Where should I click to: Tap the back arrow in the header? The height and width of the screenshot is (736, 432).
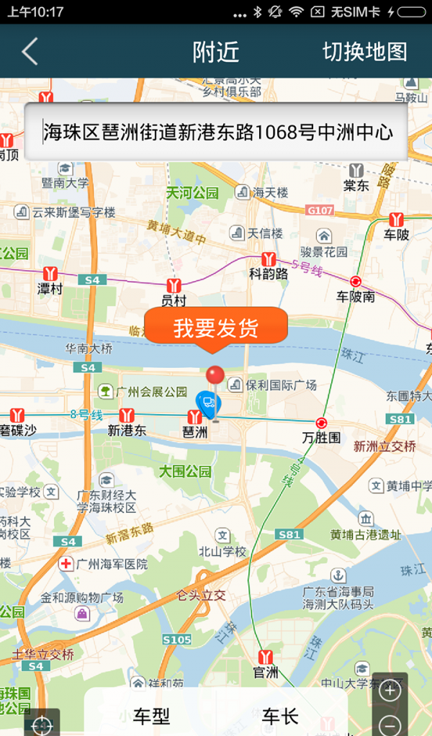[30, 52]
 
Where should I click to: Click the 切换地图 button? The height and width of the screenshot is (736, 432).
[364, 52]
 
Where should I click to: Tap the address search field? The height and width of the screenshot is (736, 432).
[216, 132]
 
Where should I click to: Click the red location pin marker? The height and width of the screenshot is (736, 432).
[215, 377]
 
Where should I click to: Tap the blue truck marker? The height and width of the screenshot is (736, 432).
[208, 405]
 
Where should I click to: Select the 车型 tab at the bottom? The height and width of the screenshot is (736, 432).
[151, 716]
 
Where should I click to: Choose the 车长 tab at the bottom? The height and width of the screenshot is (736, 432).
[279, 716]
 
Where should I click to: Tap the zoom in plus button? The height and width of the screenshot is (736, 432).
[390, 691]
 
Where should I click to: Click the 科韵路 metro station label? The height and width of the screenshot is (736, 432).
[269, 274]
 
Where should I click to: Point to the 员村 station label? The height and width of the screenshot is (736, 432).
[174, 300]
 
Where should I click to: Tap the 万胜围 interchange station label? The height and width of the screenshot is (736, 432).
[321, 436]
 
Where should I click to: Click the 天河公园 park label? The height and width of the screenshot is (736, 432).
[192, 193]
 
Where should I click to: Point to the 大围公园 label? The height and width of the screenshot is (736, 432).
[185, 472]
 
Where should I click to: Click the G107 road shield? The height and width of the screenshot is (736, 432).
[320, 210]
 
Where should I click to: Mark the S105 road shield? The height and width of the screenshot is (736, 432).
[176, 639]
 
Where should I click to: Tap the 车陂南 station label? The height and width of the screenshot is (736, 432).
[356, 296]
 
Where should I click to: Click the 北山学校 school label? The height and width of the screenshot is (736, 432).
[222, 552]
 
